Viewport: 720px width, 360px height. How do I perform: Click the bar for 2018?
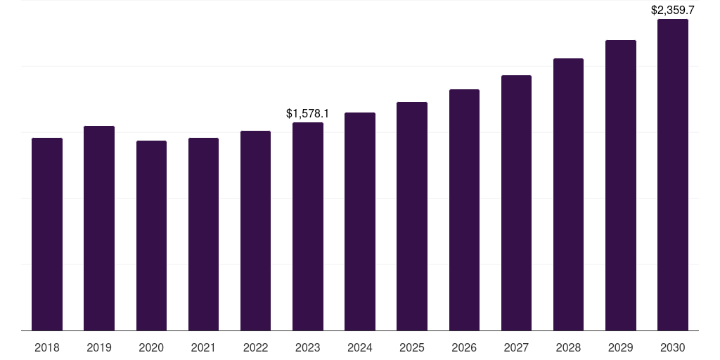click(47, 234)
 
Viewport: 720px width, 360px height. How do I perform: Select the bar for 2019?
click(99, 229)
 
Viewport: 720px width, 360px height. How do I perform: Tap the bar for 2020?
click(151, 236)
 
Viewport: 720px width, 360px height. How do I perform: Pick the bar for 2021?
click(203, 234)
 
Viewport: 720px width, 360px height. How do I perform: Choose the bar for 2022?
click(255, 231)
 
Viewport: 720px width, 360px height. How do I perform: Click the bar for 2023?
click(308, 226)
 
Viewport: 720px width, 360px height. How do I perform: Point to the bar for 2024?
click(360, 221)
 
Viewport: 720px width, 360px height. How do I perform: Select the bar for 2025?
click(412, 217)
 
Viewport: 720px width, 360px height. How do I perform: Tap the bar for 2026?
click(464, 210)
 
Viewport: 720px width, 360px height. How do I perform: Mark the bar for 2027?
click(516, 203)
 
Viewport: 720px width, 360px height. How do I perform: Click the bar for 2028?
click(568, 195)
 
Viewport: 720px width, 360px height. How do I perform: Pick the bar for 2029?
click(620, 186)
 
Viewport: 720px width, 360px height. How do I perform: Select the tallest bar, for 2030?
click(673, 175)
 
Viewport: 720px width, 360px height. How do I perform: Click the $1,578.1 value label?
click(307, 113)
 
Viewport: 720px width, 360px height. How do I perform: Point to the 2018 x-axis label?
click(47, 347)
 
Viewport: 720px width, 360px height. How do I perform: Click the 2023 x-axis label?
click(308, 347)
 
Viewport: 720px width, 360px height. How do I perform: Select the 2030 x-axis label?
click(673, 347)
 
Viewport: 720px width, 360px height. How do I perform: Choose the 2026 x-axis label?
click(464, 347)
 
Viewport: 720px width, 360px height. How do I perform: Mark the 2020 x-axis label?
click(151, 347)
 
